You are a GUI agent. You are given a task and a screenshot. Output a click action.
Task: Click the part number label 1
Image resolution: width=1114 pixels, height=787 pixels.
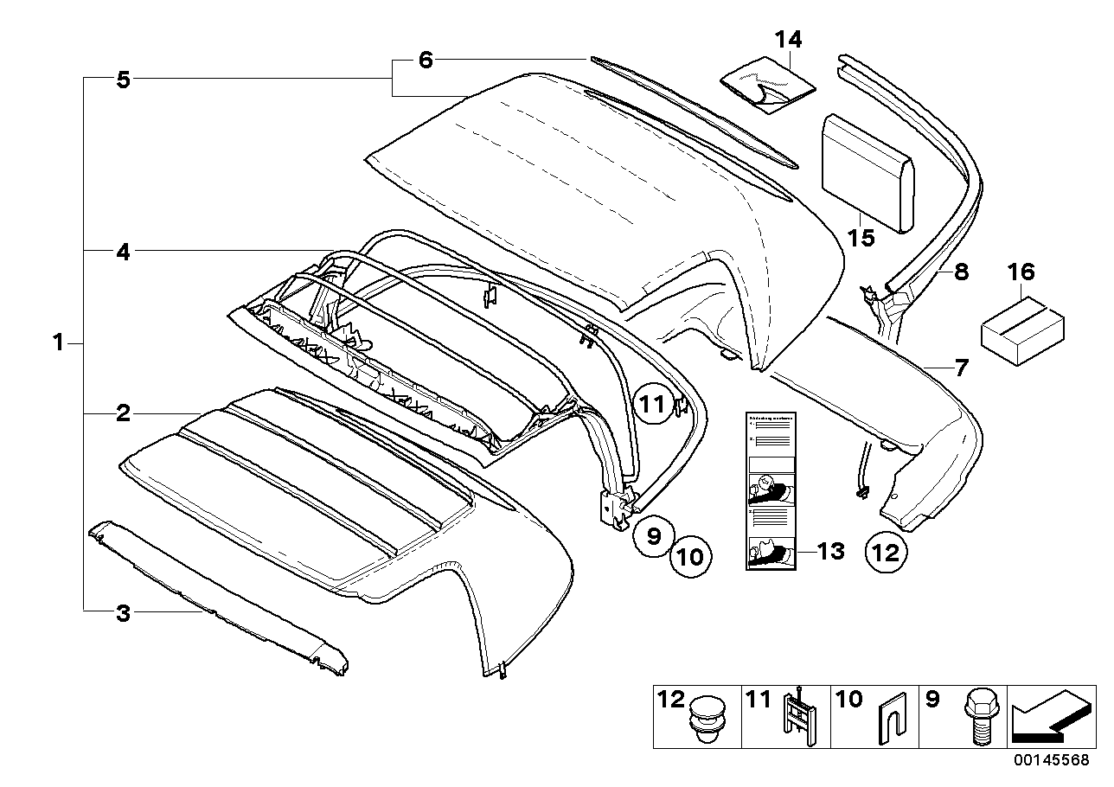pos(57,343)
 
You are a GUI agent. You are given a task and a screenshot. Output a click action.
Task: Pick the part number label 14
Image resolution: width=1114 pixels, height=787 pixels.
pos(788,39)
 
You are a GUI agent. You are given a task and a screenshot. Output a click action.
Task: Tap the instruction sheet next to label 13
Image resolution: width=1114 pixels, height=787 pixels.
pos(771,491)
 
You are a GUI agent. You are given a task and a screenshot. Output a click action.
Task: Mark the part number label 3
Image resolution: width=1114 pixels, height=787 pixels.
pos(123,614)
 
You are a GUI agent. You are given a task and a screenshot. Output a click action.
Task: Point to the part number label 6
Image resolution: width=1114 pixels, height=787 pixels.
pos(425,60)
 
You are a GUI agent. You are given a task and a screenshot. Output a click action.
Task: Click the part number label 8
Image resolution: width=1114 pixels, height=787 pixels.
pos(960,272)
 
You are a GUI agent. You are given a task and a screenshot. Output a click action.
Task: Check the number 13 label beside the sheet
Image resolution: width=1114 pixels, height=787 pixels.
pos(830,551)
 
